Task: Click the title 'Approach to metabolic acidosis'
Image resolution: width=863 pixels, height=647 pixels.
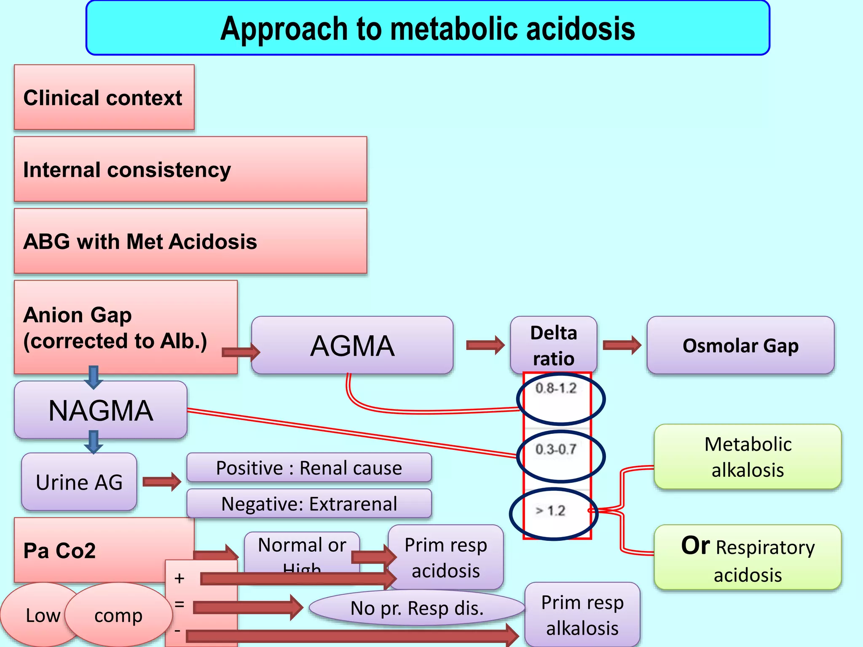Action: pyautogui.click(x=427, y=28)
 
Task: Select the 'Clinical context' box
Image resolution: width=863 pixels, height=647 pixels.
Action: pyautogui.click(x=104, y=97)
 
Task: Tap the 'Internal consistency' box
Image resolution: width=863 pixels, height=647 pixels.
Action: pyautogui.click(x=190, y=169)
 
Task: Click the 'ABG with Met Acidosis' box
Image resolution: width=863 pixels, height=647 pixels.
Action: pyautogui.click(x=190, y=241)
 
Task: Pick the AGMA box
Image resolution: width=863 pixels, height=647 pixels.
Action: pyautogui.click(x=352, y=345)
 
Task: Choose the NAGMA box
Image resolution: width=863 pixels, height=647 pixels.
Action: pyautogui.click(x=100, y=410)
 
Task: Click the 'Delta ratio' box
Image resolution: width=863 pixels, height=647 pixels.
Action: pyautogui.click(x=553, y=345)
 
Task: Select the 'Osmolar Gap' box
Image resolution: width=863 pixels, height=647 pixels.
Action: pyautogui.click(x=740, y=345)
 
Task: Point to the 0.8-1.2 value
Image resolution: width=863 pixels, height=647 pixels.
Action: pyautogui.click(x=556, y=388)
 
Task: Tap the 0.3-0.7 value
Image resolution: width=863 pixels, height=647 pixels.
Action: pyautogui.click(x=556, y=449)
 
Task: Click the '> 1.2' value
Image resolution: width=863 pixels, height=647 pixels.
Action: pyautogui.click(x=550, y=511)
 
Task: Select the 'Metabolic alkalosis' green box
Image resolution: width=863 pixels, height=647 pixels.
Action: pyautogui.click(x=748, y=457)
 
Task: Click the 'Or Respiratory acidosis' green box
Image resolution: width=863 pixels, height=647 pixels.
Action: pyautogui.click(x=748, y=558)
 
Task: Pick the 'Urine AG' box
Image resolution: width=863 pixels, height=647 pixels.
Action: pyautogui.click(x=79, y=482)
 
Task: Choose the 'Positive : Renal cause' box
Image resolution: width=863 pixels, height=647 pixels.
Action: pyautogui.click(x=309, y=468)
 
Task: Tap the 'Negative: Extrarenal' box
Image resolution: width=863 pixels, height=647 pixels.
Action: pyautogui.click(x=309, y=503)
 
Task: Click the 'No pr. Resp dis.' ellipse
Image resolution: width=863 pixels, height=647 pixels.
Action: pyautogui.click(x=417, y=608)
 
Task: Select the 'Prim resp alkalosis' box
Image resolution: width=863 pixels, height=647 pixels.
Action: pyautogui.click(x=582, y=615)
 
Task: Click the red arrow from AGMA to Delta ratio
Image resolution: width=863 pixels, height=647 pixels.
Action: pyautogui.click(x=485, y=345)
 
